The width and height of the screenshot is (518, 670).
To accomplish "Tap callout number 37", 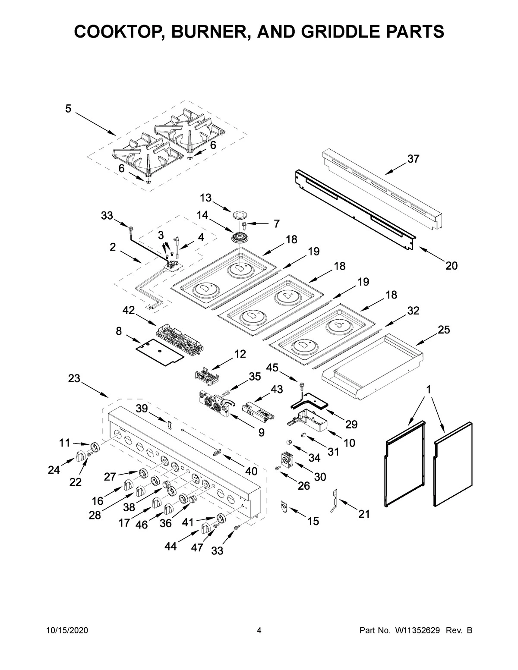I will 413,159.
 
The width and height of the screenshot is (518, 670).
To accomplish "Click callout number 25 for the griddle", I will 444,330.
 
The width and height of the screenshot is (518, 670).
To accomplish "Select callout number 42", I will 129,311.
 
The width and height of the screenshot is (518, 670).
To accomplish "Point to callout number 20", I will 451,266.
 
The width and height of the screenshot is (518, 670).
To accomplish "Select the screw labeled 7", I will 245,224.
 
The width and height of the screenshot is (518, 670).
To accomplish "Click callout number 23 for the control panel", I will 74,378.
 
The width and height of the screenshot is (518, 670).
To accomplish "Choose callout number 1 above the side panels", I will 428,390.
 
